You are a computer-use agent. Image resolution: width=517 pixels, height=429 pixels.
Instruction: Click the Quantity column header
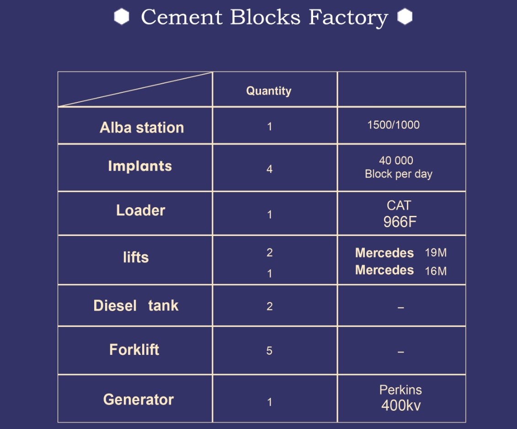269,91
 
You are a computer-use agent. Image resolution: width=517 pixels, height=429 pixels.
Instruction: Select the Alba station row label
142,128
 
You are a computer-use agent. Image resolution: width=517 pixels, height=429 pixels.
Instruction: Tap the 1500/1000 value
394,125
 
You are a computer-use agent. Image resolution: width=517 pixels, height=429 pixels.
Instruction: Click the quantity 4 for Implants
269,169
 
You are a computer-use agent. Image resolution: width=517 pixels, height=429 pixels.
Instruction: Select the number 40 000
396,161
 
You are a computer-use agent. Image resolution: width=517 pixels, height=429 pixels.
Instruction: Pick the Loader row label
140,210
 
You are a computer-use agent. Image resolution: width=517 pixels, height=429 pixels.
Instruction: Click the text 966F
400,222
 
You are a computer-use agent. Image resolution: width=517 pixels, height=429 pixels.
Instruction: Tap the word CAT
399,206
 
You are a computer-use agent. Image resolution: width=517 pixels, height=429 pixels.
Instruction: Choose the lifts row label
136,257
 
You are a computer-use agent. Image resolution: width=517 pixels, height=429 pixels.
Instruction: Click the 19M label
436,253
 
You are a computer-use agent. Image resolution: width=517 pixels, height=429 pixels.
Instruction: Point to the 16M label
436,271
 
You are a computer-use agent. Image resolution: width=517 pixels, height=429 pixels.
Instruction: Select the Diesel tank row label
136,306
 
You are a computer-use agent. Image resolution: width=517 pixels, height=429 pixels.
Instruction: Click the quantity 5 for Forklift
269,350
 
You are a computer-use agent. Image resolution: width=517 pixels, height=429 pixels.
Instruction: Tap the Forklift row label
134,350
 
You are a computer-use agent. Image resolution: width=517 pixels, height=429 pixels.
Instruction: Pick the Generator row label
139,400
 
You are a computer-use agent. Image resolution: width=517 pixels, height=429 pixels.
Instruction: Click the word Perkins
400,390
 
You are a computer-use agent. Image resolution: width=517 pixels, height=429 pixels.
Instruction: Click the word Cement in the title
182,17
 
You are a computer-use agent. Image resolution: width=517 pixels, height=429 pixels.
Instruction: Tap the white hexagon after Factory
405,16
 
